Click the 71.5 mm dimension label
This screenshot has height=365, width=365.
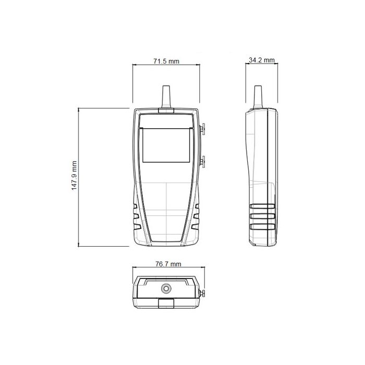click(166, 61)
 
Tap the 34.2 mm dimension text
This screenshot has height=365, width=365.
click(262, 60)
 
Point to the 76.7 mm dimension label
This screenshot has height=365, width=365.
click(167, 264)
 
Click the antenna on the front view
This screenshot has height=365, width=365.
click(166, 96)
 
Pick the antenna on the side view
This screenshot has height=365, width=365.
click(257, 96)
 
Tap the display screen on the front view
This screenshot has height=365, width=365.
click(165, 146)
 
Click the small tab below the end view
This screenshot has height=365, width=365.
click(166, 303)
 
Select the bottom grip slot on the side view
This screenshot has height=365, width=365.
click(262, 226)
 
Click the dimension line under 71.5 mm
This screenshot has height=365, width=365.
click(166, 65)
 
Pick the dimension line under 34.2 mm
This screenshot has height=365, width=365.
click(262, 64)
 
